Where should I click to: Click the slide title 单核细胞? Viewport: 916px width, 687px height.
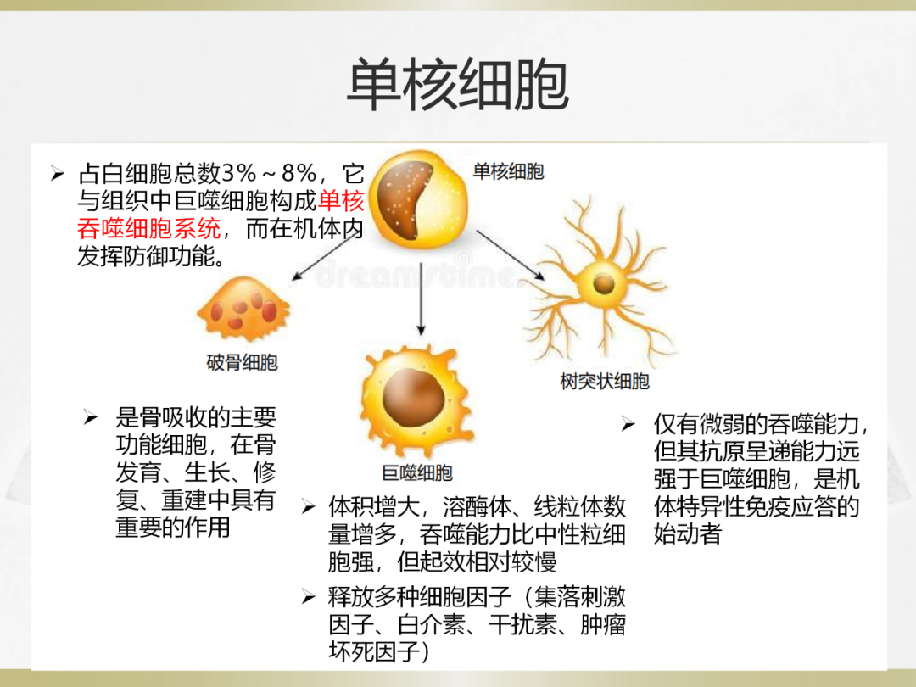[457, 85]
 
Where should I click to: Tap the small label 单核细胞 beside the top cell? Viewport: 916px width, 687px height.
[508, 171]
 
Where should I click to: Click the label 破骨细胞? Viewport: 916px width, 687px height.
[242, 363]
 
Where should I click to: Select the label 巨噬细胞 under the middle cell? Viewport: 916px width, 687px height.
[417, 472]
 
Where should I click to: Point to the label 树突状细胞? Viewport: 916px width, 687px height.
[605, 382]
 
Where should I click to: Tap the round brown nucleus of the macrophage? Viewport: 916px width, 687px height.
[414, 399]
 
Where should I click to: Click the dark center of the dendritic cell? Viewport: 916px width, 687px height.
[604, 284]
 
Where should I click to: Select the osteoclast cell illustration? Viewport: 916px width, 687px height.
[244, 309]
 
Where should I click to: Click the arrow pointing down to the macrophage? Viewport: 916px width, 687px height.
[421, 299]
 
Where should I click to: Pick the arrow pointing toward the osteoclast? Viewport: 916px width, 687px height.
[327, 254]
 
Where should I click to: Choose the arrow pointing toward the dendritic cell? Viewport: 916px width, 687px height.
[511, 255]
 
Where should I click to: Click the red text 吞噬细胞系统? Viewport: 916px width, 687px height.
[149, 228]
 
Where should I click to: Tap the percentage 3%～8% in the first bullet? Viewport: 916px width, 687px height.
[269, 174]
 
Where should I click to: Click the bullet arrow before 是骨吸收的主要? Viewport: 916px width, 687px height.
[90, 417]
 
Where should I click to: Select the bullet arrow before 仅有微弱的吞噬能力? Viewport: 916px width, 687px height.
[628, 423]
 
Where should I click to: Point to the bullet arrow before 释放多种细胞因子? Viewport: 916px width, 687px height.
[309, 596]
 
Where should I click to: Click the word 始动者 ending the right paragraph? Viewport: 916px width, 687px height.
[688, 533]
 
